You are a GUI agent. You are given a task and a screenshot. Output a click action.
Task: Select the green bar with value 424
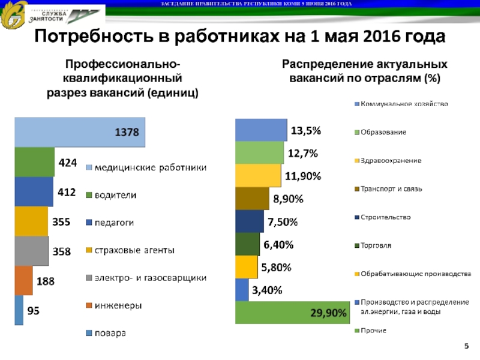coord(34,162)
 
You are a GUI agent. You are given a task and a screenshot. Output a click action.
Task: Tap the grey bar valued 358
coord(31,251)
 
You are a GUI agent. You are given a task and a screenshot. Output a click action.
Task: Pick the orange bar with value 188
coord(23,280)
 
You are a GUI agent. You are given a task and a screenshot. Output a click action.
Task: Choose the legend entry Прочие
coord(373,331)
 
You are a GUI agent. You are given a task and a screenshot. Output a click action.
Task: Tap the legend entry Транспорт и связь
coord(391,189)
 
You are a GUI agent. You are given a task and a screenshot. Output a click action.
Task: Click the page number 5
coord(466,347)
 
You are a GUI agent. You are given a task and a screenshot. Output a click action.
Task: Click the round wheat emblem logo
coord(13,16)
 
